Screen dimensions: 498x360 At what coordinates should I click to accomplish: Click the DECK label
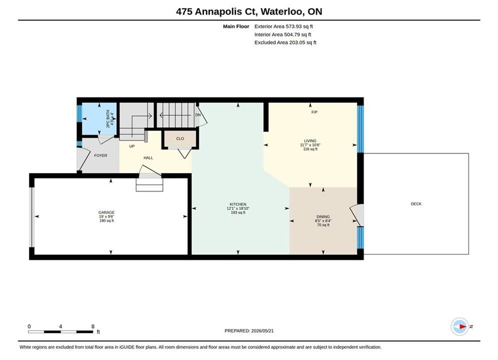(x=416, y=204)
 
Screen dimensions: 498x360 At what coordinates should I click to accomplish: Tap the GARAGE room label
(x=107, y=212)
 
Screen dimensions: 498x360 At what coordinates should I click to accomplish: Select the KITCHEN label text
(x=238, y=204)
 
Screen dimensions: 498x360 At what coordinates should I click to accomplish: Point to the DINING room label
(x=323, y=216)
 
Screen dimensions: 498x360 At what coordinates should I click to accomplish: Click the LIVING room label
(x=310, y=141)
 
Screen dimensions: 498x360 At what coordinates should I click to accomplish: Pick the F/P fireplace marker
(x=314, y=112)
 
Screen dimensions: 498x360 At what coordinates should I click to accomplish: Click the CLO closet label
(x=180, y=138)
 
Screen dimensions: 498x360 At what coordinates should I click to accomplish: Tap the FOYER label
(x=101, y=155)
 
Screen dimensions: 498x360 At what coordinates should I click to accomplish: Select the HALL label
(x=148, y=157)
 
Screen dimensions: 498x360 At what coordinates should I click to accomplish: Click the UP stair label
(x=132, y=146)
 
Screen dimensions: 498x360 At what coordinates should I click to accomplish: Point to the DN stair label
(x=198, y=115)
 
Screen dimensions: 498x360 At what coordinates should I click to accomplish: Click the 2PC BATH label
(x=108, y=118)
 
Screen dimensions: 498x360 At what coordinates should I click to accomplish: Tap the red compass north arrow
(x=463, y=326)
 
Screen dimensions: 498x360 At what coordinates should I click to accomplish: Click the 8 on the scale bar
(x=93, y=326)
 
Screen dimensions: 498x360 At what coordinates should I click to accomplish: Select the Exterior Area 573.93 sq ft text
(x=284, y=26)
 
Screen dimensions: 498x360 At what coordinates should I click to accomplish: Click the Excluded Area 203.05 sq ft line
(x=285, y=42)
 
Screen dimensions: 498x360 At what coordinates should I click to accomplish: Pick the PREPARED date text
(x=249, y=331)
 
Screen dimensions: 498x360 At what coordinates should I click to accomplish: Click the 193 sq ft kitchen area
(x=238, y=212)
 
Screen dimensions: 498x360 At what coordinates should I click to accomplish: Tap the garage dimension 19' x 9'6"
(x=107, y=216)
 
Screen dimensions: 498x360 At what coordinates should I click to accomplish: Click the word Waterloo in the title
(x=283, y=11)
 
